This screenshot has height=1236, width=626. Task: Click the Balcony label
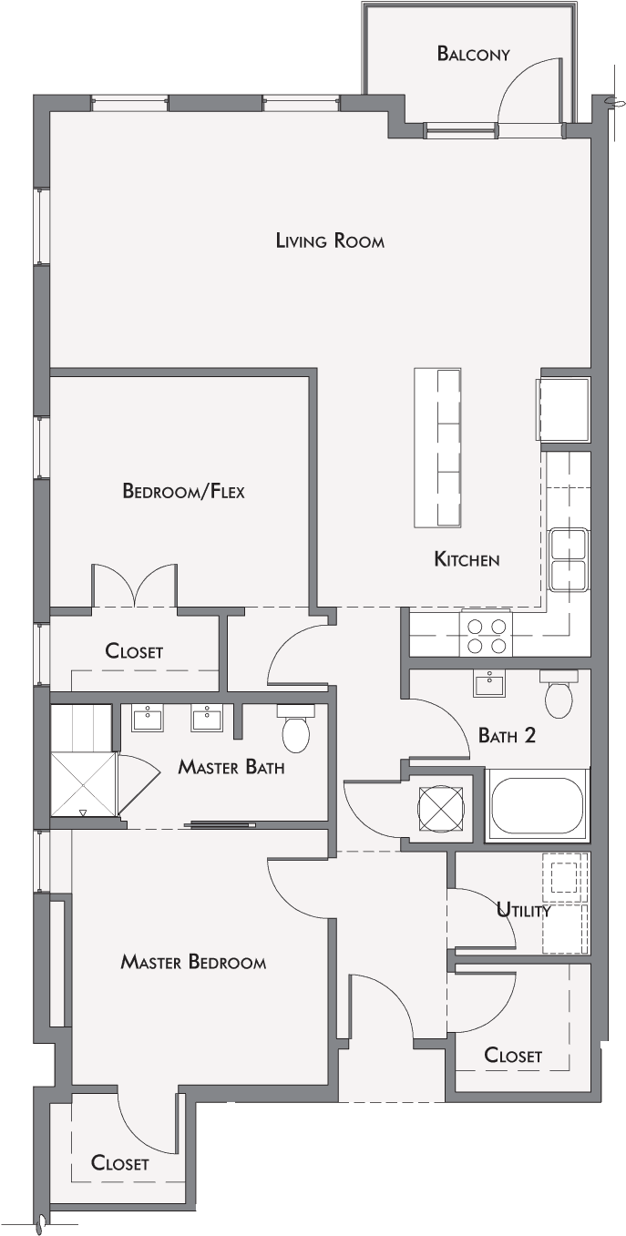(473, 54)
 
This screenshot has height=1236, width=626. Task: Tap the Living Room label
(330, 240)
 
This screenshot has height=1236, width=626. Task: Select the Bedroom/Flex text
(183, 491)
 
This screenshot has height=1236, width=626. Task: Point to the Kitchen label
(467, 559)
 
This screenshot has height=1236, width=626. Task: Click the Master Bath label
(231, 766)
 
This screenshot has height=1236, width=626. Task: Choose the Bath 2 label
(507, 736)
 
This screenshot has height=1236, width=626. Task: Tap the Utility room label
(523, 909)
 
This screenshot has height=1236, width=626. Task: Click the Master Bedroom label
(193, 962)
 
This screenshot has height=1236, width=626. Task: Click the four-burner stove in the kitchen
(487, 632)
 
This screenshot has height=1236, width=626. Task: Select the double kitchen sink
(569, 559)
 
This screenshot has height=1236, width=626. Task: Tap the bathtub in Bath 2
(537, 805)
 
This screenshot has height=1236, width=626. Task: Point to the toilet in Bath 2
(559, 693)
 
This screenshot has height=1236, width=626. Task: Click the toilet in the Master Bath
(296, 728)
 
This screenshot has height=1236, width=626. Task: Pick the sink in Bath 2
(489, 684)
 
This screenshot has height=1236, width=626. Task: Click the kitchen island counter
(437, 447)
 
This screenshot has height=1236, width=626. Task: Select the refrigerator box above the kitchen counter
(564, 410)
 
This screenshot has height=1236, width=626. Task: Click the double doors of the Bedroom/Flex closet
(135, 585)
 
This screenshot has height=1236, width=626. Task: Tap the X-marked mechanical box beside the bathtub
(441, 808)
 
